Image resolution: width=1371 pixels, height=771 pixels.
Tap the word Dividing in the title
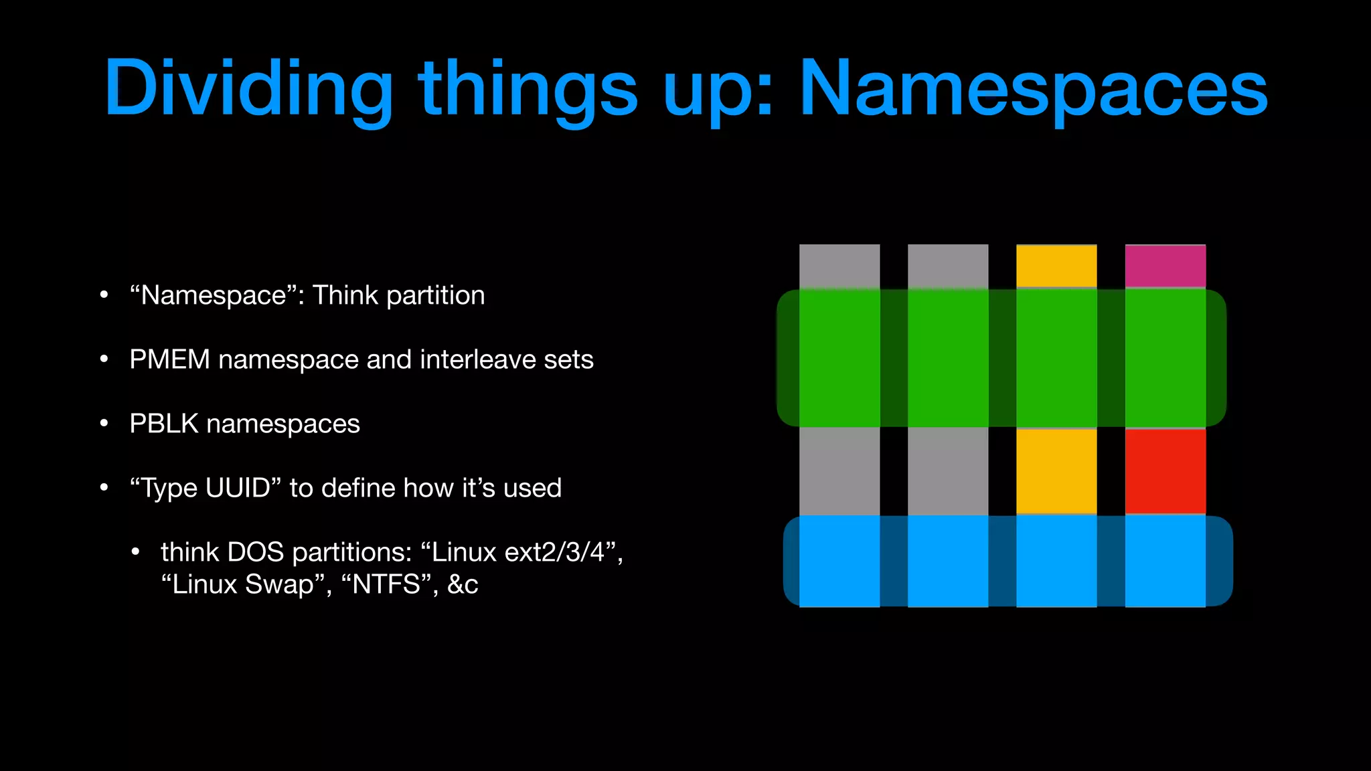point(248,88)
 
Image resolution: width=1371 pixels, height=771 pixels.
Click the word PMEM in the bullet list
point(169,359)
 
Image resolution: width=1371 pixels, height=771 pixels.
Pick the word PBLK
point(164,424)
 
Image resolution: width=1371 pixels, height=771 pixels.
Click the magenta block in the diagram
point(1165,266)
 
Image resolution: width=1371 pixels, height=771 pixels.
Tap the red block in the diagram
point(1165,471)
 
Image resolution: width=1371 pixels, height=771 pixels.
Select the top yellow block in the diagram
point(1056,266)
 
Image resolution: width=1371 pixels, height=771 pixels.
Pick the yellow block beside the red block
point(1056,471)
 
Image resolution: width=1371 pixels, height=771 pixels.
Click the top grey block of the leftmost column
point(839,266)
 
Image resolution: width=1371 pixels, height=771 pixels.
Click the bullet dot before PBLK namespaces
point(104,424)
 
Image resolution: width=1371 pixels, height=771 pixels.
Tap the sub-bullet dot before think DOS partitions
point(136,552)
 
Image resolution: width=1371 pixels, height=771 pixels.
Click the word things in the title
point(528,88)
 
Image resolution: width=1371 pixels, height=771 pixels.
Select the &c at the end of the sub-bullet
point(463,584)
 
